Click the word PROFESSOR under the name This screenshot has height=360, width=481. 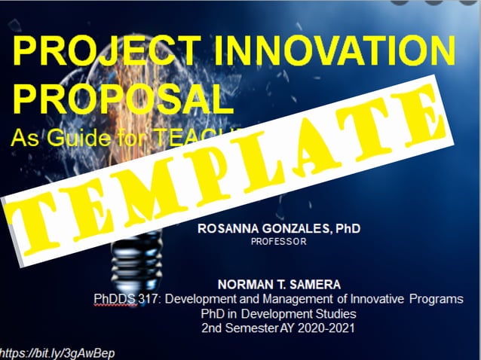pyautogui.click(x=279, y=243)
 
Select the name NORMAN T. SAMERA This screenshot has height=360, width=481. pyautogui.click(x=278, y=285)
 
